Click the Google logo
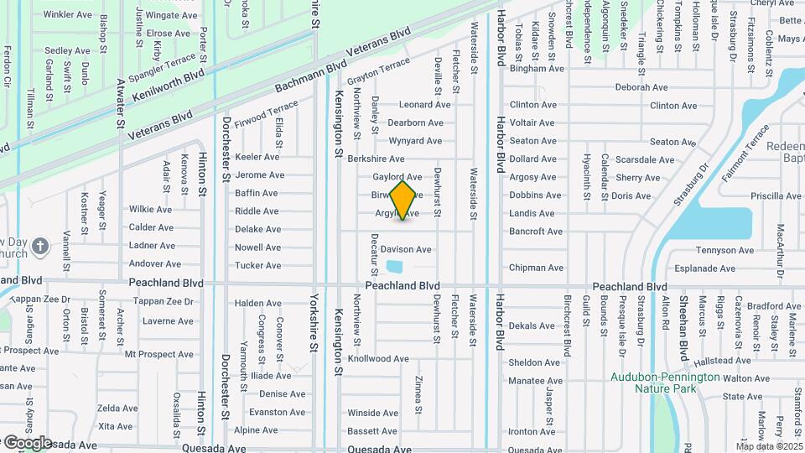point(27,442)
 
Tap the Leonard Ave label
point(425,105)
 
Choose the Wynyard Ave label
point(416,141)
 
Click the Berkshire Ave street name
point(376,159)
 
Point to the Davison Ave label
point(406,249)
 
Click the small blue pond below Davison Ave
point(393,268)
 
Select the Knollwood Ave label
point(378,359)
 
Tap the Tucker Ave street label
point(257,266)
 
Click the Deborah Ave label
point(641,87)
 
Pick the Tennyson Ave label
point(715,251)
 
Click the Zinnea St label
point(418,389)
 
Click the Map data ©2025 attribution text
point(769,446)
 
